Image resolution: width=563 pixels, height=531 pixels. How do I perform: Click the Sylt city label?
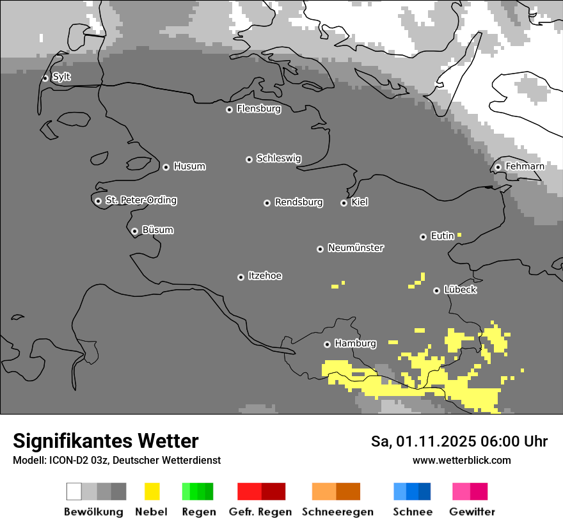61,77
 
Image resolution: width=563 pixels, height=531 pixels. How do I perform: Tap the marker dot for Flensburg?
229,109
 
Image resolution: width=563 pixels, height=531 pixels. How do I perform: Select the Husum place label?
189,167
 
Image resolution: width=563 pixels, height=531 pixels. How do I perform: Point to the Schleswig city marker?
249,159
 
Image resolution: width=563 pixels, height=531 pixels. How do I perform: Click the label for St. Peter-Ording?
141,201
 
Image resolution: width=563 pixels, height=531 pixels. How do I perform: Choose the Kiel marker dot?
344,203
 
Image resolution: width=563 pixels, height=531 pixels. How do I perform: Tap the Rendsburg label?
299,203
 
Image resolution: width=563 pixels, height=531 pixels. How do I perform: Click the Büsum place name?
157,230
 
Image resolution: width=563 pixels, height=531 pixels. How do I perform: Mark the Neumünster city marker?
320,249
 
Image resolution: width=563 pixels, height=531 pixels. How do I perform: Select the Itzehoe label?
265,276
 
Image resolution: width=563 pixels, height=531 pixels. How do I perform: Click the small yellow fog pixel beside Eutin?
459,235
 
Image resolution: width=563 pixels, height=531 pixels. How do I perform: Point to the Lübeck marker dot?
436,290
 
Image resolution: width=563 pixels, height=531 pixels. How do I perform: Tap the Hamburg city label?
355,344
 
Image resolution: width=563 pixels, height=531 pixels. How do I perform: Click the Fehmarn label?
525,167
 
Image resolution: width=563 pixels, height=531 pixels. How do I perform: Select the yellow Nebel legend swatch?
152,491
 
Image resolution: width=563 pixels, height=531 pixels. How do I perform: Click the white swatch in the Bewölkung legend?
74,491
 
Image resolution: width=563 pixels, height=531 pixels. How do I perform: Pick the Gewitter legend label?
472,512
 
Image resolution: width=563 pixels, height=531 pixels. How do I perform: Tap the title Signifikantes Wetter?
106,441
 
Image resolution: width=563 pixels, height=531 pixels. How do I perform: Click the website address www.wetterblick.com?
461,461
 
